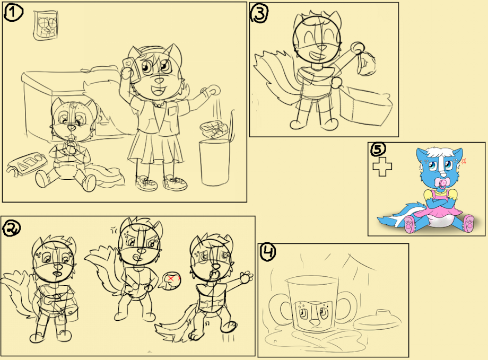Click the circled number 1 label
(x=13, y=13)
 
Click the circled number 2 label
(x=12, y=228)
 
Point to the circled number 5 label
(x=378, y=150)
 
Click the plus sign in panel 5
(x=382, y=166)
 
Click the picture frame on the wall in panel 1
(x=46, y=25)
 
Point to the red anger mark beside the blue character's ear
(x=464, y=161)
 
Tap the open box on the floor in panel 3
(x=363, y=105)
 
